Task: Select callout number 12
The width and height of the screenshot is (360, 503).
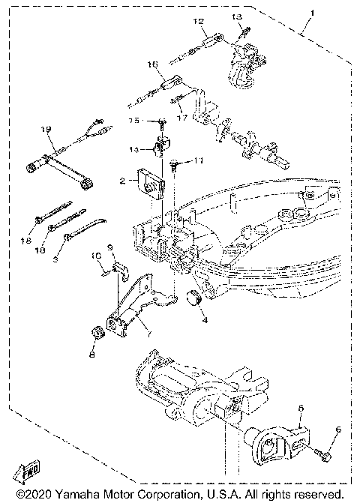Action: [x=198, y=22]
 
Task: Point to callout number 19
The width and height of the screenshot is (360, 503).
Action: [x=45, y=130]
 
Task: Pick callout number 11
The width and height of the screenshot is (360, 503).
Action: [x=198, y=161]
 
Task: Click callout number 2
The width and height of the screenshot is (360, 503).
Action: [x=121, y=181]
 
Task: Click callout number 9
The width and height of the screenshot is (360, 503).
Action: [x=110, y=247]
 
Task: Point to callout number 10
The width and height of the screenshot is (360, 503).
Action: [x=97, y=256]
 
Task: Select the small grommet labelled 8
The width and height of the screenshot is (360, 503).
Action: [x=96, y=333]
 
